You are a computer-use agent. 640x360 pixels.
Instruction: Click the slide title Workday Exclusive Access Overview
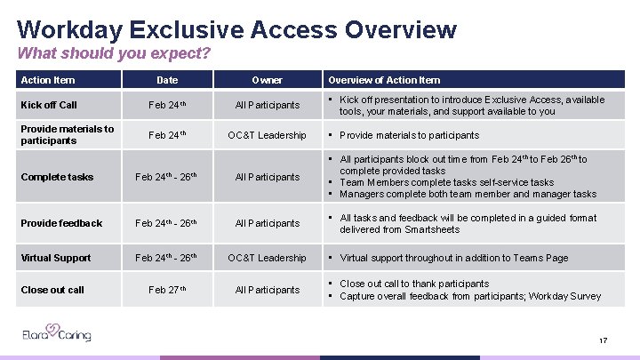click(236, 29)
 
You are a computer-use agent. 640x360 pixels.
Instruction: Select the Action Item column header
click(48, 80)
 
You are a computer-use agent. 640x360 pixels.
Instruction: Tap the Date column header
click(167, 80)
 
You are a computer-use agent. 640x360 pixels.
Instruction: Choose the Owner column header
click(267, 80)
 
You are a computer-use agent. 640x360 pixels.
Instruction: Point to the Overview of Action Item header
click(384, 80)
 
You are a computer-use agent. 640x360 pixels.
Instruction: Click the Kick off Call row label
click(49, 105)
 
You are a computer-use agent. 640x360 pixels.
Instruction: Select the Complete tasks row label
click(57, 177)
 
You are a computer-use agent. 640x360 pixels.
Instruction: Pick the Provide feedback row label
click(61, 223)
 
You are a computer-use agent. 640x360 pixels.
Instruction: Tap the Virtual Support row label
click(56, 258)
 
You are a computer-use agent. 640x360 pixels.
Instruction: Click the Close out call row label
click(52, 290)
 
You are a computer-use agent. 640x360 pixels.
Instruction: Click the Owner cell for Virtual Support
click(267, 258)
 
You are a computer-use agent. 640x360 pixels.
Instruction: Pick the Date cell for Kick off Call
click(167, 105)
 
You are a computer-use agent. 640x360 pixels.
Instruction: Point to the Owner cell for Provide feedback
click(267, 223)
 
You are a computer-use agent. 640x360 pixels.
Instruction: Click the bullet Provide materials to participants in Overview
click(409, 135)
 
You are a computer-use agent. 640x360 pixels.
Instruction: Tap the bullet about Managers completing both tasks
click(468, 194)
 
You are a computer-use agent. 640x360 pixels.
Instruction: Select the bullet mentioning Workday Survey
click(470, 296)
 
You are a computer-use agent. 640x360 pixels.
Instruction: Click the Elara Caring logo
click(57, 335)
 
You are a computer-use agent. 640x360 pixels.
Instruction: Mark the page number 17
click(603, 340)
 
